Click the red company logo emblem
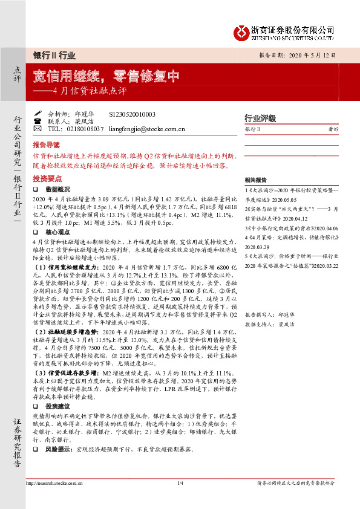[x=243, y=30]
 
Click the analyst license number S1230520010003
[x=131, y=114]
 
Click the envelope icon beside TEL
[x=37, y=129]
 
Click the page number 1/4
[x=180, y=484]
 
